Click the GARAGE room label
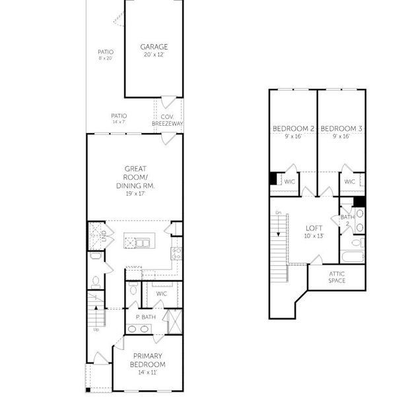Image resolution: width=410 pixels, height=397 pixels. (x=154, y=47)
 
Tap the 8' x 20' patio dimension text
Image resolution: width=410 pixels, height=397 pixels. (x=106, y=58)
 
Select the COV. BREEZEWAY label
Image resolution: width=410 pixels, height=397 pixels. (x=167, y=120)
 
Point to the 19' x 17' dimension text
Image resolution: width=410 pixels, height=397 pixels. (x=135, y=194)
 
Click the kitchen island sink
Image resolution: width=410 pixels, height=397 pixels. (x=142, y=243)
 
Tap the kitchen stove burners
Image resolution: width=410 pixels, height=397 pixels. (x=176, y=253)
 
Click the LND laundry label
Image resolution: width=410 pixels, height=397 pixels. (x=104, y=236)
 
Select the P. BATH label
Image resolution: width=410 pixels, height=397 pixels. (x=146, y=317)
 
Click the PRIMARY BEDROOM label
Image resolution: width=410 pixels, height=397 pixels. (x=147, y=360)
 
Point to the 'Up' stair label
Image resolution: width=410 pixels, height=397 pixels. (x=96, y=330)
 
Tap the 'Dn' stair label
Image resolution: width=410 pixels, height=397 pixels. (x=279, y=213)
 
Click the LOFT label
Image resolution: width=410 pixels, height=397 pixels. (x=314, y=228)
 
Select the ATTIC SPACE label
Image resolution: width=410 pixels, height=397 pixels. (x=337, y=277)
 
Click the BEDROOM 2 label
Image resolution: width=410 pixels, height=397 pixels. (x=293, y=128)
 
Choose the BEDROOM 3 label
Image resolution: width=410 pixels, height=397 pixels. (x=341, y=128)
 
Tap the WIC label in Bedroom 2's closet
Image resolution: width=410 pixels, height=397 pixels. (x=289, y=181)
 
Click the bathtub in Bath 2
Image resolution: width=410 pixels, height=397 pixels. (x=352, y=257)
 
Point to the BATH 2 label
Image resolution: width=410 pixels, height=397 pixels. (x=347, y=220)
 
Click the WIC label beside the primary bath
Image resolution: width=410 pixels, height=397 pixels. (x=161, y=294)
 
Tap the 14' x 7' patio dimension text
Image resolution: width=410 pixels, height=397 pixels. (x=119, y=122)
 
